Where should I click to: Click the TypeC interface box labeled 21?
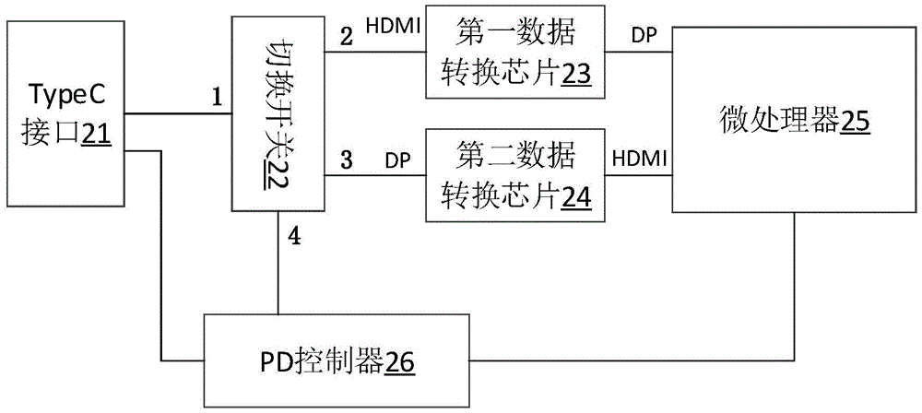[x=64, y=115]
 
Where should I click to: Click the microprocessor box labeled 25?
[x=793, y=120]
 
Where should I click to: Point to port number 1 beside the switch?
[x=217, y=95]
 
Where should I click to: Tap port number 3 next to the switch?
[x=346, y=159]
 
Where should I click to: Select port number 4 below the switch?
[x=293, y=236]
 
